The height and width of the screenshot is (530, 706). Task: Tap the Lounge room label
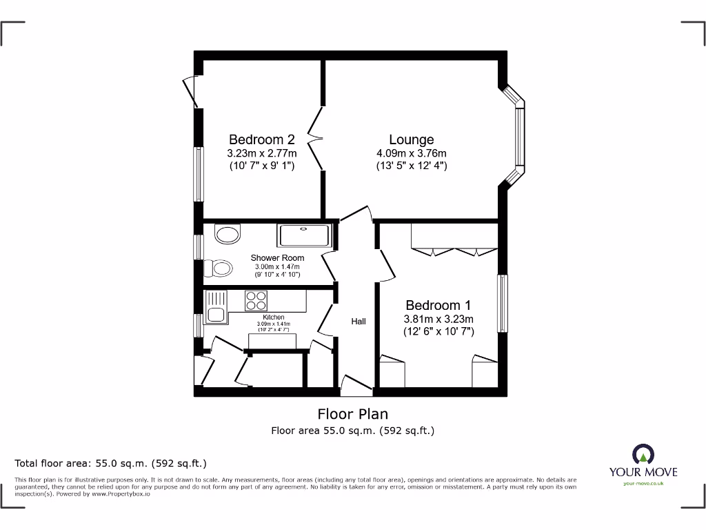click(x=411, y=139)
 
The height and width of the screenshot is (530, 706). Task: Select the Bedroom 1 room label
click(x=438, y=305)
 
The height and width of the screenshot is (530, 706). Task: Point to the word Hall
click(x=359, y=322)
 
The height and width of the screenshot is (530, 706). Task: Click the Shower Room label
click(x=277, y=258)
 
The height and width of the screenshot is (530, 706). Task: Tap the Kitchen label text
click(x=274, y=317)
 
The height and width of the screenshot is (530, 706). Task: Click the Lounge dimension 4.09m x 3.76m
click(x=411, y=153)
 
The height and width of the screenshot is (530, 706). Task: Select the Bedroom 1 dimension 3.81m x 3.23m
click(x=438, y=319)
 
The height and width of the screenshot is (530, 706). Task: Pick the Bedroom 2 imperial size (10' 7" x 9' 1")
click(x=261, y=166)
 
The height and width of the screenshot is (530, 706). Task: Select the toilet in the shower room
click(x=219, y=268)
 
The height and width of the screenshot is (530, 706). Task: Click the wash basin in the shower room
click(x=228, y=234)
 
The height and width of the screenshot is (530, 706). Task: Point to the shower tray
click(x=304, y=235)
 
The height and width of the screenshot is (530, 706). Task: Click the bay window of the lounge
click(x=518, y=136)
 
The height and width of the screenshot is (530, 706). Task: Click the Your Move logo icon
click(x=643, y=455)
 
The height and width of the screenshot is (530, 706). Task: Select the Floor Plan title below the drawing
click(x=352, y=414)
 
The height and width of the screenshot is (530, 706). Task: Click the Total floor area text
click(x=111, y=464)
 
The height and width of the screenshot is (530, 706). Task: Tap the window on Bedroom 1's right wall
click(x=503, y=303)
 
